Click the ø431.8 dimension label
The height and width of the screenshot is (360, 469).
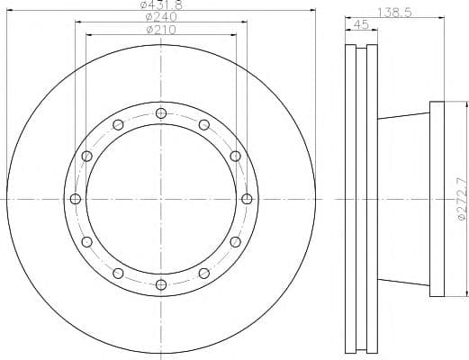click(161, 4)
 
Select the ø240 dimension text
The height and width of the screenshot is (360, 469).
click(161, 16)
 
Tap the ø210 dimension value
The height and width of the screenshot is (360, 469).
click(161, 30)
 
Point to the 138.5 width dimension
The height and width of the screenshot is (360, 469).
click(394, 13)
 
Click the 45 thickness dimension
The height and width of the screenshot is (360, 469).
click(361, 24)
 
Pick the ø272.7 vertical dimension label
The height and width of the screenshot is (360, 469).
click(463, 199)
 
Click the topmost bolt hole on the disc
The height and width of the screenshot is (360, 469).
click(161, 113)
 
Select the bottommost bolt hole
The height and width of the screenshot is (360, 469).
click(161, 284)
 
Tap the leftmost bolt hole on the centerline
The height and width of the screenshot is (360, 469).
click(76, 199)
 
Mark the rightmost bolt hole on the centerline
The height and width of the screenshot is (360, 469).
click(247, 199)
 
